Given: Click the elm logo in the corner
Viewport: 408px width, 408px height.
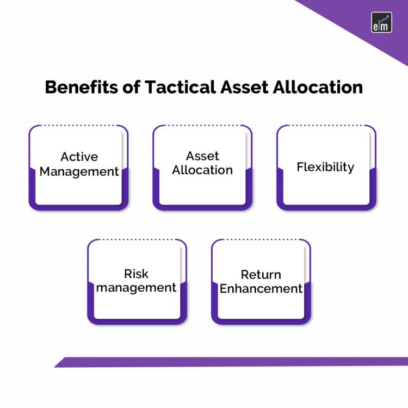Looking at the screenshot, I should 381,22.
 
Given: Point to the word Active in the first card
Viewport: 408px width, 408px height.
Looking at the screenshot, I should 79,157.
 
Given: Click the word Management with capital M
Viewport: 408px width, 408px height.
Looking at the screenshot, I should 79,171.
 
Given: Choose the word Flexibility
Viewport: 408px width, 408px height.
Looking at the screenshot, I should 325,166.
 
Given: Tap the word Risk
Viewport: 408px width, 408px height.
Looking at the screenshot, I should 136,273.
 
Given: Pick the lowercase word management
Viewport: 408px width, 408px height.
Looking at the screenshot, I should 136,287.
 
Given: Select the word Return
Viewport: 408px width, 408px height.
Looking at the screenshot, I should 261,274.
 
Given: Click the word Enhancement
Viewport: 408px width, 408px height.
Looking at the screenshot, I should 261,288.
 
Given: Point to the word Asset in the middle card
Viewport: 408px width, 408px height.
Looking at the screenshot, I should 202,156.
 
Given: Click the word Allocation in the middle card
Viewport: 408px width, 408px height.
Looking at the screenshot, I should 202,170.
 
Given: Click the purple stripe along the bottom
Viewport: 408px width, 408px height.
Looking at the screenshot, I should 234,362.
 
